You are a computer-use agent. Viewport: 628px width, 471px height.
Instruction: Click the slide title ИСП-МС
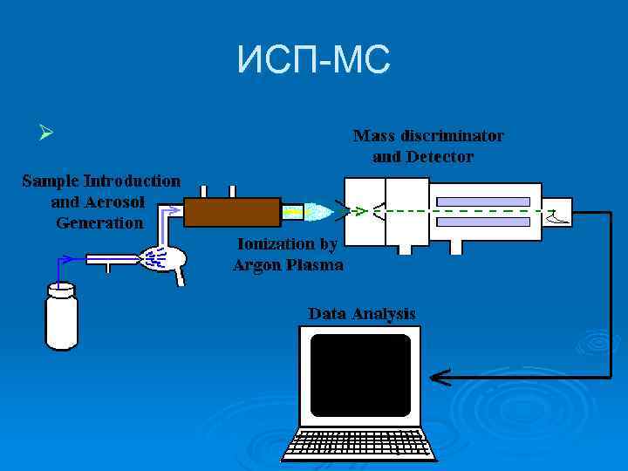click(x=314, y=60)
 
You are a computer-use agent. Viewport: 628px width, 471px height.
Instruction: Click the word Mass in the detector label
click(x=373, y=136)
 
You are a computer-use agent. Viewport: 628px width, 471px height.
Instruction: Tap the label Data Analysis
click(x=361, y=313)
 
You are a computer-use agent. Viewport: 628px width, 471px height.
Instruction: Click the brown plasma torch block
click(x=231, y=211)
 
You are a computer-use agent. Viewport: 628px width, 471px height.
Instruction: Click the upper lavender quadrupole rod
click(x=482, y=201)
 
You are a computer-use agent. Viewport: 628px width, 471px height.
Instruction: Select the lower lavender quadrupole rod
click(x=482, y=222)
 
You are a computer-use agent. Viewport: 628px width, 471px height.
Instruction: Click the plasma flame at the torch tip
click(x=319, y=212)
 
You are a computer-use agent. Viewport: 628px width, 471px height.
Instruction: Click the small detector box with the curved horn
click(x=558, y=211)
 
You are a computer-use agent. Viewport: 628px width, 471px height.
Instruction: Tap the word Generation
click(x=99, y=222)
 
